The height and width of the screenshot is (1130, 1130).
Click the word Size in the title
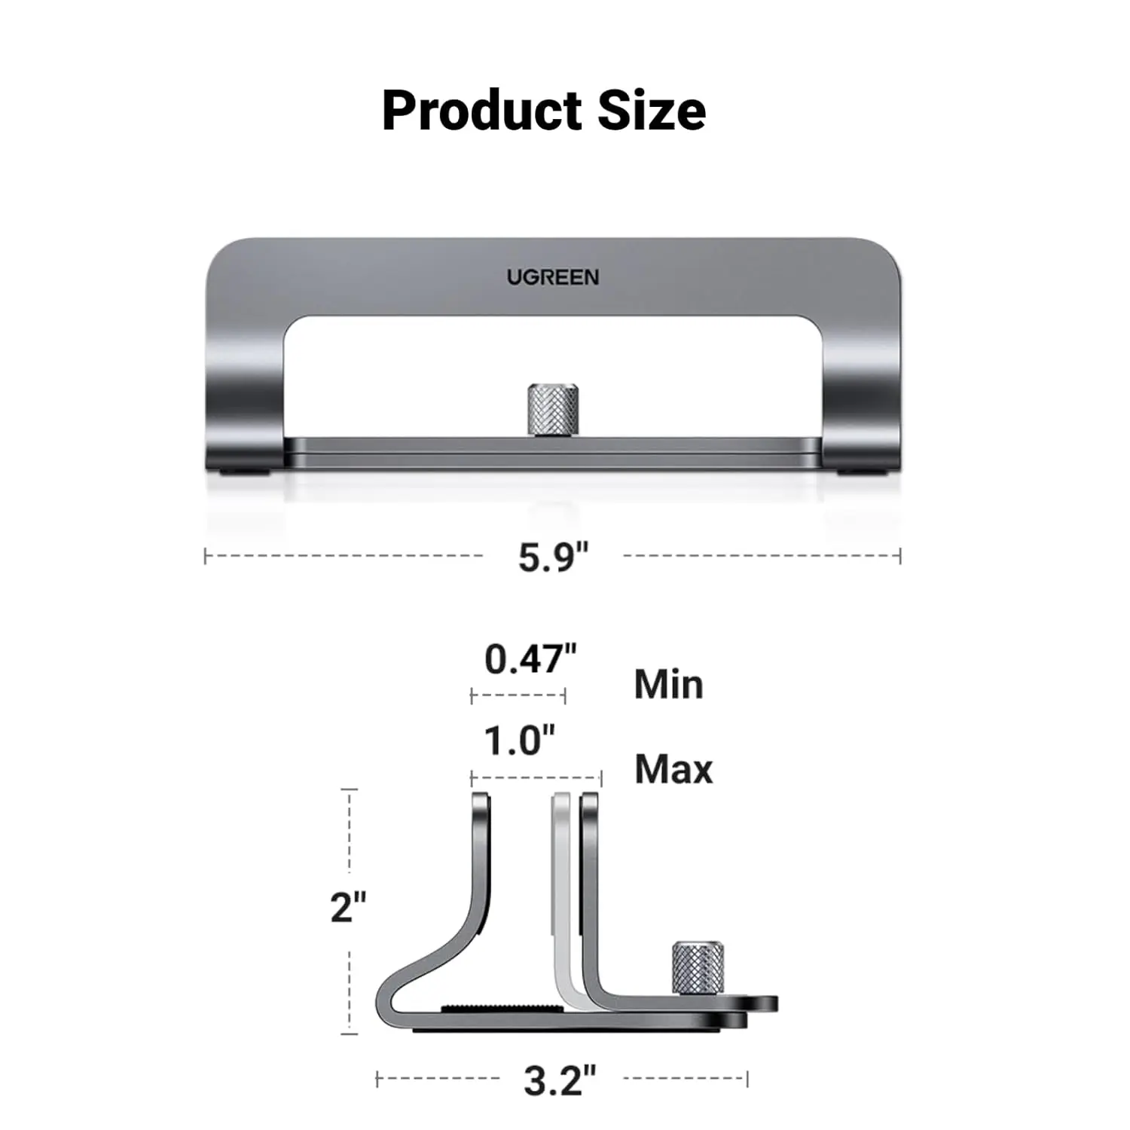(x=652, y=110)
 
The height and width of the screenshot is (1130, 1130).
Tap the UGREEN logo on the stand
(x=552, y=277)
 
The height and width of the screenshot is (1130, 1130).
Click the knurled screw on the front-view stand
(x=552, y=411)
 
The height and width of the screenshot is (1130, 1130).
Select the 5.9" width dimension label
(x=552, y=557)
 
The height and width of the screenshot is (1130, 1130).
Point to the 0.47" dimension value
(x=530, y=659)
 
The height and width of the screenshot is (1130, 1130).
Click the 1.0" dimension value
(x=519, y=741)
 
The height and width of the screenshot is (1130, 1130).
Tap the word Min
(x=668, y=685)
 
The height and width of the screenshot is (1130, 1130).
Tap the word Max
(x=673, y=769)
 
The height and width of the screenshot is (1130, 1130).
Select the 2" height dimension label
(x=348, y=907)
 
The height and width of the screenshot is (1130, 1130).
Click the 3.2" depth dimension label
(x=560, y=1080)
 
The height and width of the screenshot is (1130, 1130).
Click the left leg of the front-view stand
(x=245, y=392)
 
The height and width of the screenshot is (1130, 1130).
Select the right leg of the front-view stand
(x=861, y=392)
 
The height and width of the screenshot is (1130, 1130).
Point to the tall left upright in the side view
(x=481, y=866)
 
